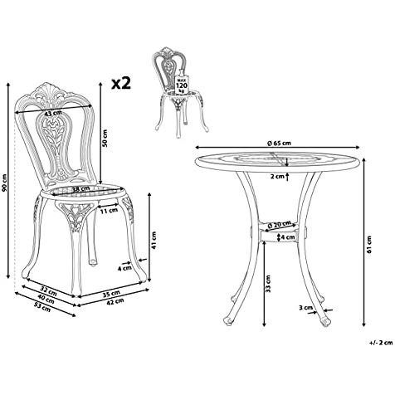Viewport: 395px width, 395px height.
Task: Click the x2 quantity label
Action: coord(121,83)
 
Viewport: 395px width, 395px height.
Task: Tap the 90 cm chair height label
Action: coord(4,183)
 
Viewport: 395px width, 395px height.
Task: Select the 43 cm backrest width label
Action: coord(53,113)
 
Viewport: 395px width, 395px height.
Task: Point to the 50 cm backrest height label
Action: coord(105,139)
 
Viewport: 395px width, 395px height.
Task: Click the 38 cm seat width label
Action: coord(80,189)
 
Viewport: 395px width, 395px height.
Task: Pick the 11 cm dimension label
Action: coord(109,211)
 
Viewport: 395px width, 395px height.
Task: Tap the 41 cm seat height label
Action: coord(154,240)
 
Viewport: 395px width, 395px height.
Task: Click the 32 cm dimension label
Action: coord(49,290)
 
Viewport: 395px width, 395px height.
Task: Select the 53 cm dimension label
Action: coord(42,307)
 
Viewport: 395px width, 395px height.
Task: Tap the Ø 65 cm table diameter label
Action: coord(279,143)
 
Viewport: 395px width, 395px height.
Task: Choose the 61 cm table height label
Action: coord(369,244)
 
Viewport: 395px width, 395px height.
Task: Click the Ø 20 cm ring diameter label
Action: coord(280,224)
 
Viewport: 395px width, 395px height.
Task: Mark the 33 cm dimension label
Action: coord(268,283)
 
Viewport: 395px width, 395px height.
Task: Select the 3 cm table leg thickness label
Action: coord(305,308)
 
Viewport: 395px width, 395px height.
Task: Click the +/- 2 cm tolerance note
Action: coord(381,343)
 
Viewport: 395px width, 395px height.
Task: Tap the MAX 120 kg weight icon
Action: coord(182,82)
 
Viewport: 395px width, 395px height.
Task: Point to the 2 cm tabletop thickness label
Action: coord(277,176)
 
